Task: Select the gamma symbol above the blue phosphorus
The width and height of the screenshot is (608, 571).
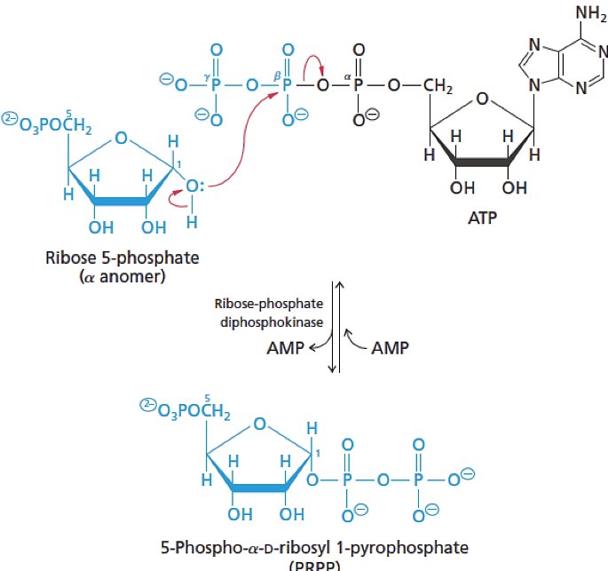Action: point(206,77)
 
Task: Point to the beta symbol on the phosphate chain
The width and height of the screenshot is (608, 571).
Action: point(277,77)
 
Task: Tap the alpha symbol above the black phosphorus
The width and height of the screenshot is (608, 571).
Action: point(350,77)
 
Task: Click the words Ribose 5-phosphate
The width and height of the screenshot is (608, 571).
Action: point(122,258)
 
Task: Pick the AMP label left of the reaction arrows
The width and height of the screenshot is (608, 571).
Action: point(286,347)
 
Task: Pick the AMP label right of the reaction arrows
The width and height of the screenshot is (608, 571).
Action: point(390,347)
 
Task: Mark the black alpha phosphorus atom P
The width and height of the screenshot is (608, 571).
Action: point(359,87)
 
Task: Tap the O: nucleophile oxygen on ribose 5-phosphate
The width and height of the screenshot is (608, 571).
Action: point(195,187)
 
